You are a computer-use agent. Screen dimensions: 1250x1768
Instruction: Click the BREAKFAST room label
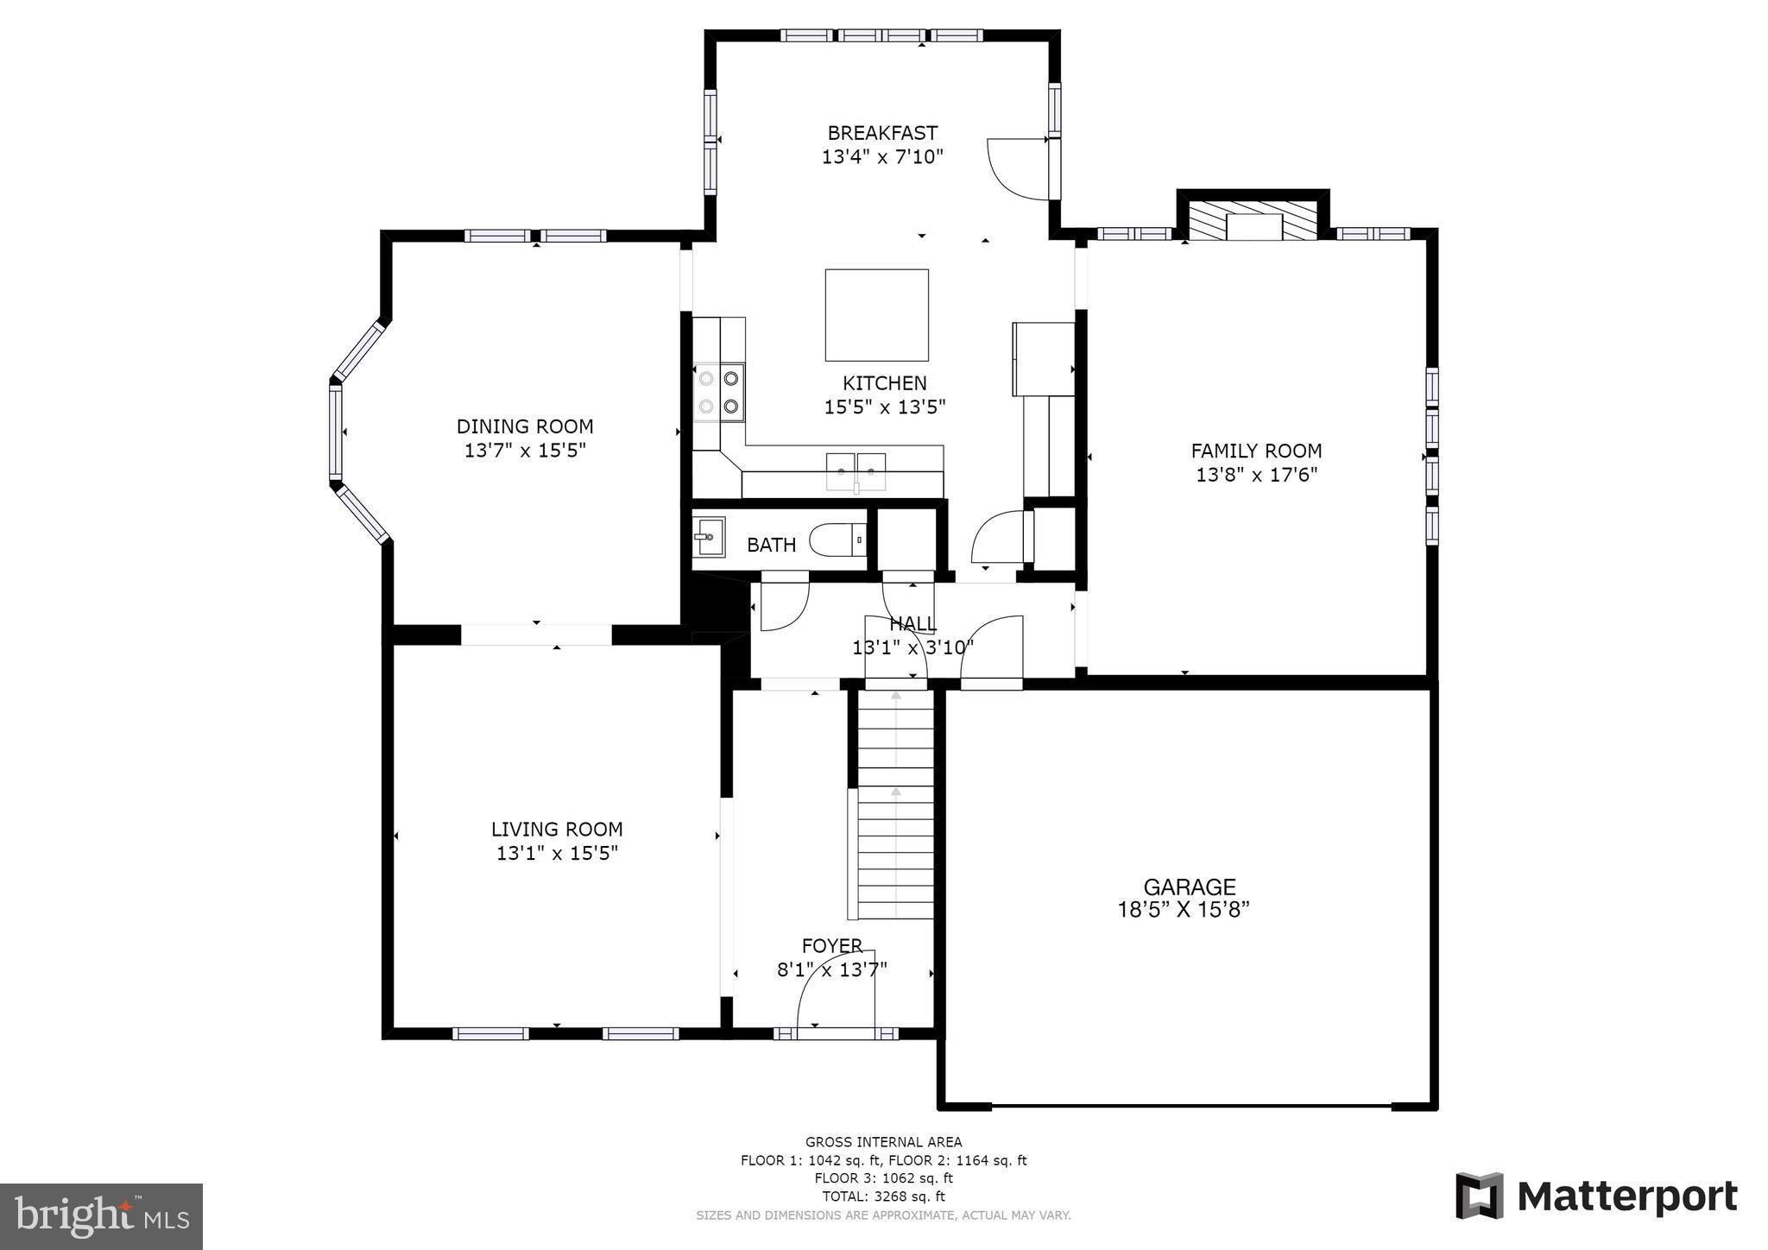click(881, 133)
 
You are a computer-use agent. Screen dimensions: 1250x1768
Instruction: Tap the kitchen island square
click(876, 314)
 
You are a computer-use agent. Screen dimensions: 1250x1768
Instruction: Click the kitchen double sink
click(856, 471)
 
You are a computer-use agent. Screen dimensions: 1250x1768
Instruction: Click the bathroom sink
click(709, 537)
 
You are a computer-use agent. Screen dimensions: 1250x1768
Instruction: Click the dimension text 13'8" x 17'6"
click(1256, 475)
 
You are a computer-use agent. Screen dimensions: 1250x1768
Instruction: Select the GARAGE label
click(1189, 887)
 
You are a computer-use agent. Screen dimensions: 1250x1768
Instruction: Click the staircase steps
click(895, 829)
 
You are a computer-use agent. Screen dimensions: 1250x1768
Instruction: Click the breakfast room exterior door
click(1019, 168)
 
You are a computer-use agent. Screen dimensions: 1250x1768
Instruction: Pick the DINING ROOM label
click(525, 426)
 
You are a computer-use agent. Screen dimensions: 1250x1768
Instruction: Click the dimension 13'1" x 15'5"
click(557, 854)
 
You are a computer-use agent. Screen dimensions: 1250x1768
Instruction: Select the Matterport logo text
click(1626, 1196)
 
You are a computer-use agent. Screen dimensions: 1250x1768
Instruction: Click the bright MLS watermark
click(101, 1217)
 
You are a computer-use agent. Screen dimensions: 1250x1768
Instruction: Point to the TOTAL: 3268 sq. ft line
click(883, 1196)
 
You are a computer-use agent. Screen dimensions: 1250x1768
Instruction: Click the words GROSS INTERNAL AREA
click(883, 1142)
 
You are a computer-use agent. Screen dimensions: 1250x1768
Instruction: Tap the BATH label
click(771, 546)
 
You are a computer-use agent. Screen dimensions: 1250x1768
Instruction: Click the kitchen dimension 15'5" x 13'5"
click(884, 407)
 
